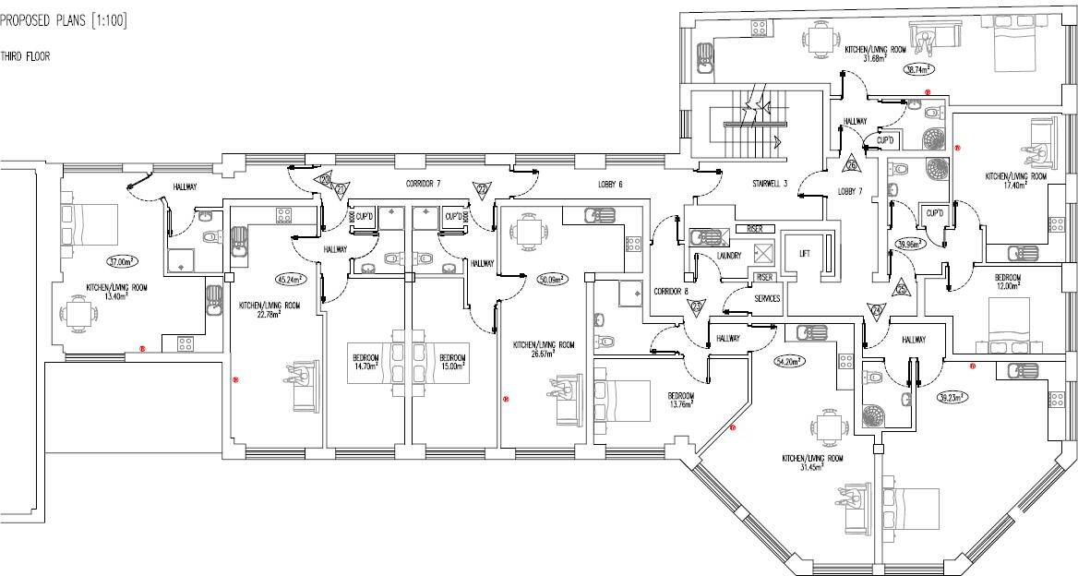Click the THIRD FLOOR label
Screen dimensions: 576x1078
(25, 56)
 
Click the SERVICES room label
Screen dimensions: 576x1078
(767, 298)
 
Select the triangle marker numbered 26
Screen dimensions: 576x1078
(852, 165)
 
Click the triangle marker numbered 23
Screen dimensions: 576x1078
(697, 306)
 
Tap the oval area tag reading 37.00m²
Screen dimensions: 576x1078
(122, 261)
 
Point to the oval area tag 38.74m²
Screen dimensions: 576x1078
(917, 69)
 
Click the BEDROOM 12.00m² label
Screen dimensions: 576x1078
(1007, 282)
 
